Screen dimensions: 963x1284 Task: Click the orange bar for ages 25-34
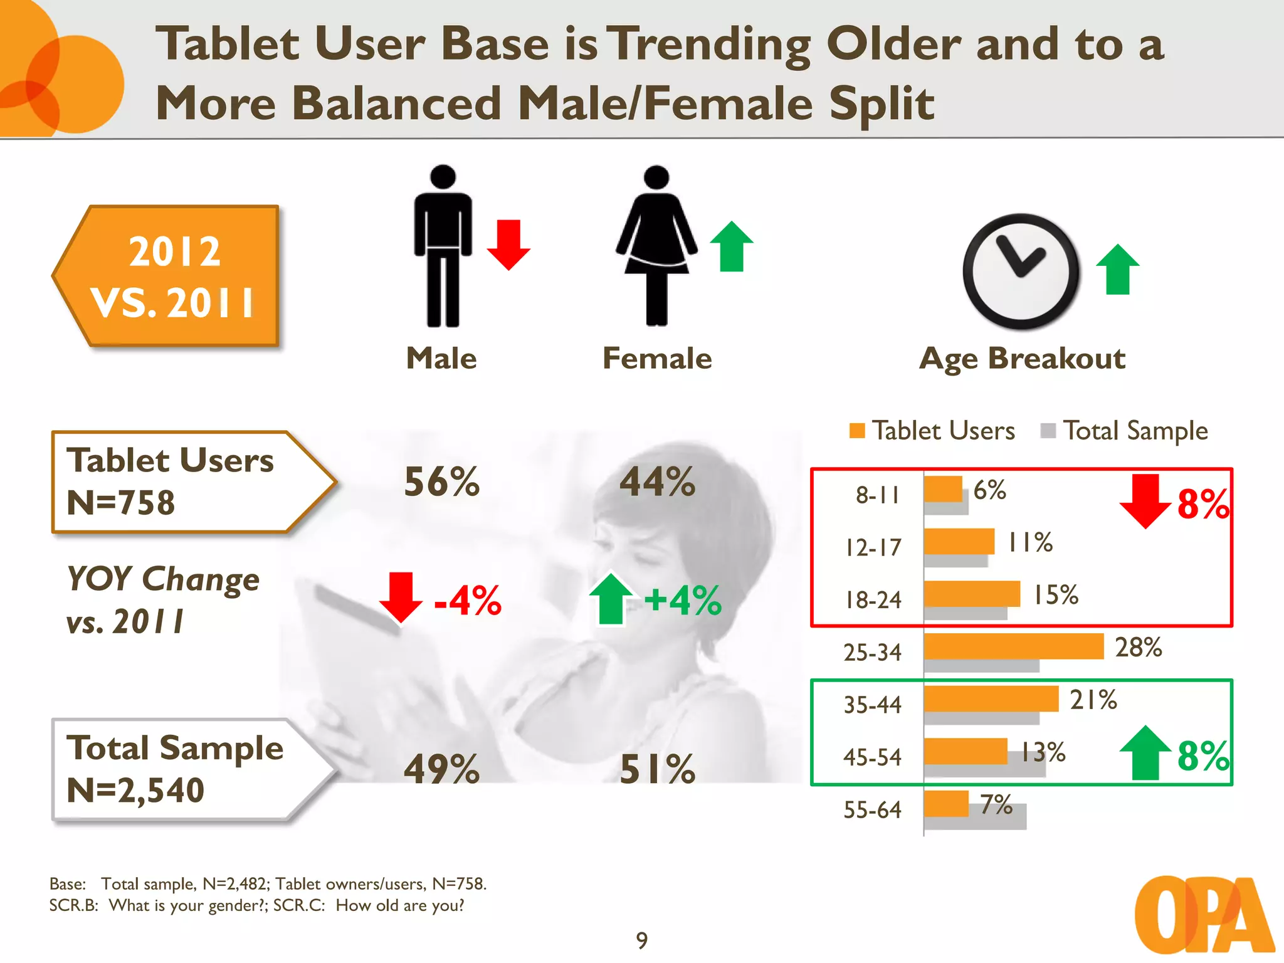pyautogui.click(x=1013, y=646)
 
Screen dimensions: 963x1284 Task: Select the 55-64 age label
pyautogui.click(x=872, y=810)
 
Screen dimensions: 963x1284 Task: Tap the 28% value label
pyautogui.click(x=1138, y=647)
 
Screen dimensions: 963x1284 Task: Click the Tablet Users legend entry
pyautogui.click(x=933, y=431)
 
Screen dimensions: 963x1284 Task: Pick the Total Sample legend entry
pyautogui.click(x=1125, y=431)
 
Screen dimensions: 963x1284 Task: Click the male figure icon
pyautogui.click(x=443, y=246)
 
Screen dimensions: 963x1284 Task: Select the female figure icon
pyautogui.click(x=656, y=246)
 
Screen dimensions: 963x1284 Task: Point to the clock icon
pyautogui.click(x=1021, y=271)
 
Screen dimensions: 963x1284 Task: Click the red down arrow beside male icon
pyautogui.click(x=508, y=245)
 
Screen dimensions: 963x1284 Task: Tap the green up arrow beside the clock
pyautogui.click(x=1117, y=270)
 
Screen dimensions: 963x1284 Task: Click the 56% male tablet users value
pyautogui.click(x=441, y=482)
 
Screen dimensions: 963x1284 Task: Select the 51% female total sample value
pyautogui.click(x=657, y=769)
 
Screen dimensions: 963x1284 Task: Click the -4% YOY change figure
pyautogui.click(x=467, y=601)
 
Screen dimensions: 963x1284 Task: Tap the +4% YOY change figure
pyautogui.click(x=682, y=600)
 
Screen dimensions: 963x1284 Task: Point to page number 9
pyautogui.click(x=641, y=940)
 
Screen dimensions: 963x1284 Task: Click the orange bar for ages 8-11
pyautogui.click(x=943, y=489)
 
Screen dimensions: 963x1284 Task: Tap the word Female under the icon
pyautogui.click(x=656, y=359)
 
